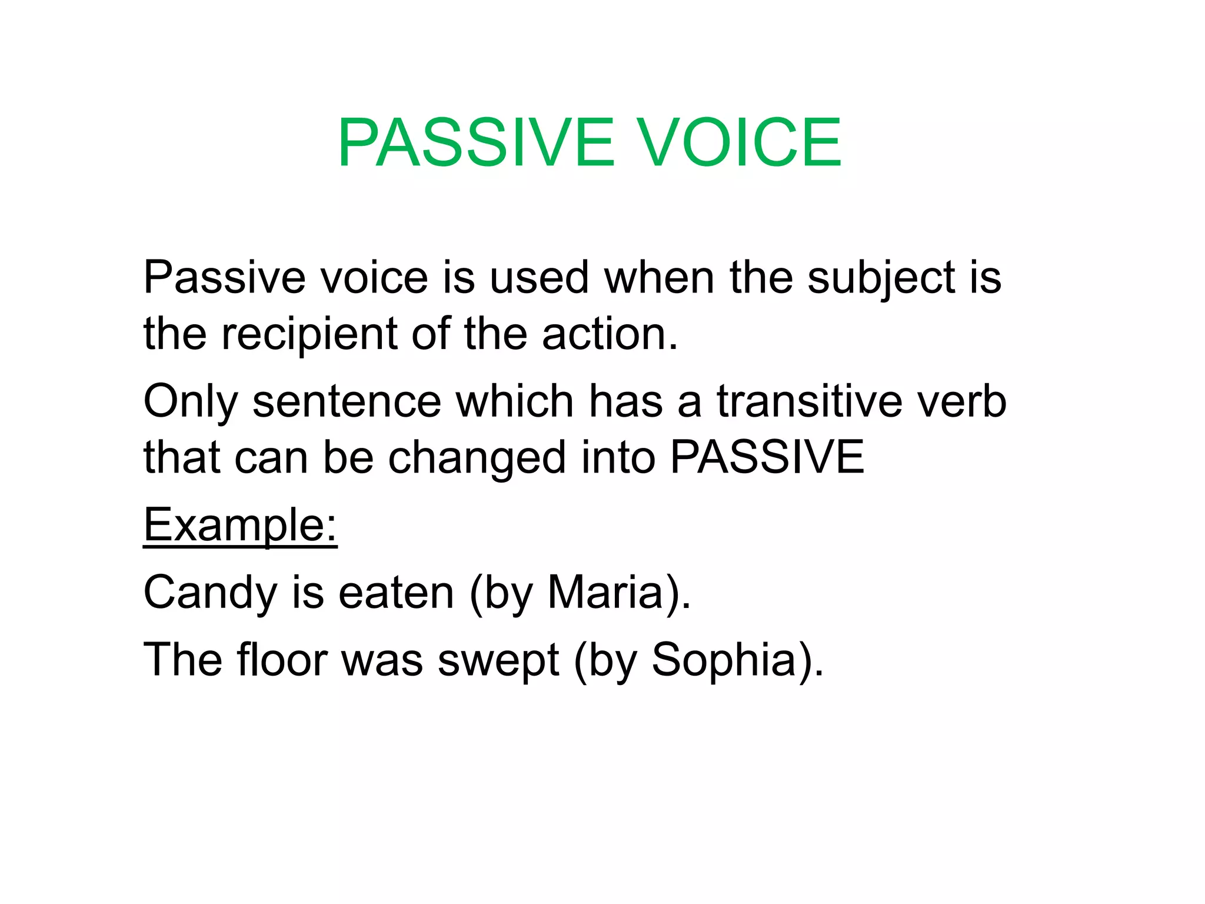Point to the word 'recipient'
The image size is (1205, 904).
[x=309, y=334]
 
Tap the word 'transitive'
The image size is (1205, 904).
[x=809, y=401]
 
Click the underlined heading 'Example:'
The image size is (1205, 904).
[x=240, y=525]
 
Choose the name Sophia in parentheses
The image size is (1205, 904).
[x=724, y=660]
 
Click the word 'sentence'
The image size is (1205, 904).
[x=347, y=401]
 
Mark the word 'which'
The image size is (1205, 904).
[x=515, y=401]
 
